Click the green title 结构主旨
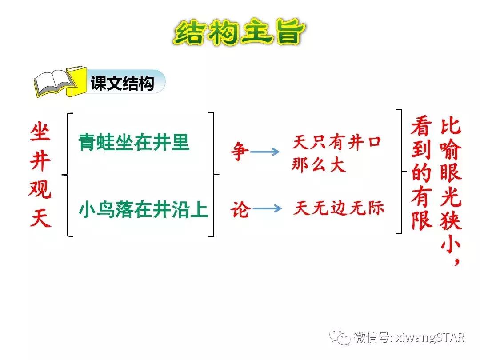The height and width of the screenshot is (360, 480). [x=240, y=32]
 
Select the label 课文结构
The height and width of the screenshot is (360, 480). [x=122, y=84]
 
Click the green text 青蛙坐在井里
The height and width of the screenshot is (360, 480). [x=134, y=143]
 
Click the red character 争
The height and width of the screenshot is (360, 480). [x=239, y=152]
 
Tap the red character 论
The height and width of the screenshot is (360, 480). [x=240, y=209]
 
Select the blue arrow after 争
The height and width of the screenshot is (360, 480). [x=265, y=152]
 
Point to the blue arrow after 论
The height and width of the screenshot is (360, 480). [x=267, y=208]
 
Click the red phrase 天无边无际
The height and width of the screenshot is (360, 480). [x=338, y=208]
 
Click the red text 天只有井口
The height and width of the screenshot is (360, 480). [x=336, y=143]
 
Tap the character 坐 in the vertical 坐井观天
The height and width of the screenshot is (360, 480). [x=41, y=132]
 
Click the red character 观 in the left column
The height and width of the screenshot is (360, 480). [x=40, y=190]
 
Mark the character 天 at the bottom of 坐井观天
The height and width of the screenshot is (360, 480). [x=40, y=218]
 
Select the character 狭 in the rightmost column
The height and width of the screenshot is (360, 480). [x=451, y=220]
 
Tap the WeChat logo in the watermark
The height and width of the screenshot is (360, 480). [x=342, y=337]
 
